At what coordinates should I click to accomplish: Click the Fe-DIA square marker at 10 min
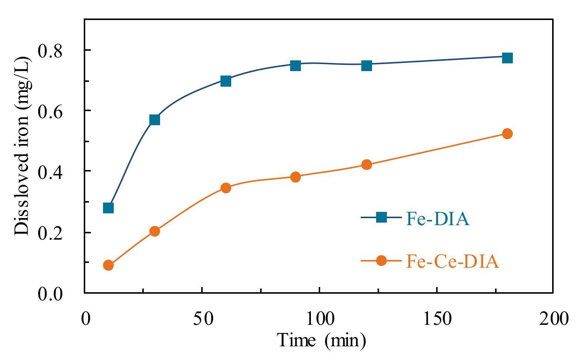[108, 208]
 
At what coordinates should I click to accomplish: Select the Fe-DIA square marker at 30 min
[155, 120]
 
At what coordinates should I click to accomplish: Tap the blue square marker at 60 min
[226, 81]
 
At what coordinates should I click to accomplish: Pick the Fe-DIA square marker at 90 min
[295, 66]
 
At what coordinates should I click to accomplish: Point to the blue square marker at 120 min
[366, 66]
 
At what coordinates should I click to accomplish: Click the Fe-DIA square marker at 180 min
[507, 58]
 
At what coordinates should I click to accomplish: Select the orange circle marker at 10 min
[108, 265]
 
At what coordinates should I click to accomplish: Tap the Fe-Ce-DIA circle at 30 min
[155, 231]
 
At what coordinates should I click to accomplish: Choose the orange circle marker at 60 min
[226, 188]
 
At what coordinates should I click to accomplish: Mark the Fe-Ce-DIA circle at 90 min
[295, 177]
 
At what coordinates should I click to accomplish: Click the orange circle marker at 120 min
[366, 164]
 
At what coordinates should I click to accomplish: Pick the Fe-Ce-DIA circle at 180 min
[507, 134]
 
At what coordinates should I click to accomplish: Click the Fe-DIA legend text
[438, 219]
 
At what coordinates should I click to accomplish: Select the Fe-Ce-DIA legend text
[452, 261]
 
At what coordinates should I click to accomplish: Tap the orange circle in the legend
[381, 261]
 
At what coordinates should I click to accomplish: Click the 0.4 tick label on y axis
[51, 171]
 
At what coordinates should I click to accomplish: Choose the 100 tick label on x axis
[319, 319]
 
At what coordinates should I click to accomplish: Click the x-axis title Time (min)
[321, 340]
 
